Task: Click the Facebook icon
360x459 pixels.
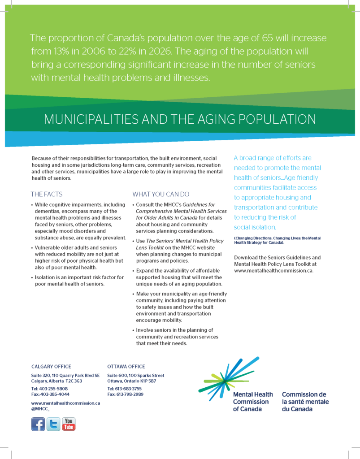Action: click(38, 424)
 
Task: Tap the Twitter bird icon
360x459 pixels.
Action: click(53, 424)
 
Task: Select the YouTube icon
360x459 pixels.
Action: click(69, 424)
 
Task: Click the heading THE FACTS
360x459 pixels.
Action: click(47, 194)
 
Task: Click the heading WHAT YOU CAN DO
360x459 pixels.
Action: click(161, 194)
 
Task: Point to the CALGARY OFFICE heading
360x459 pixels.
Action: click(51, 366)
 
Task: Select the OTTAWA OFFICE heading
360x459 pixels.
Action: click(126, 366)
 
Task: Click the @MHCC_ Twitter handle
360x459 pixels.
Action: click(40, 409)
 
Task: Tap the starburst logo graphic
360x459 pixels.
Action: click(228, 377)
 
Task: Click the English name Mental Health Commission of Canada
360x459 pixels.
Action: click(252, 402)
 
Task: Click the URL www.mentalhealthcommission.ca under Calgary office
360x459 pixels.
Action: click(65, 403)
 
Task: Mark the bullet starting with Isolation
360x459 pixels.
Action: click(79, 281)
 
